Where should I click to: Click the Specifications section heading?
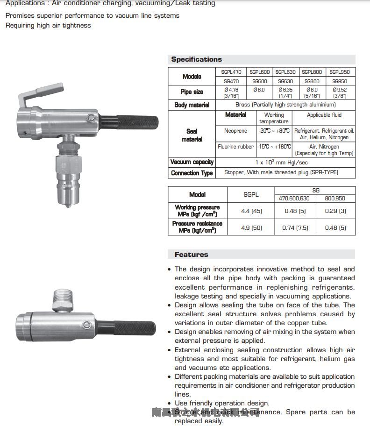click(x=196, y=59)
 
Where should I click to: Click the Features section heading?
click(x=191, y=255)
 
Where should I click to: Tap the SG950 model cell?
click(x=339, y=81)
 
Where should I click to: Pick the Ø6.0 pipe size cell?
click(x=259, y=90)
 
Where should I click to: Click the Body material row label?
click(x=192, y=105)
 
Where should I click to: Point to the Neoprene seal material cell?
click(x=235, y=131)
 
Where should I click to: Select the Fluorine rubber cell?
click(x=235, y=147)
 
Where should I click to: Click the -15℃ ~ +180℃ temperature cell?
click(x=274, y=147)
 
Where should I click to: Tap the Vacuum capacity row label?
click(x=192, y=162)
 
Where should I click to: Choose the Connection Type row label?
click(x=192, y=173)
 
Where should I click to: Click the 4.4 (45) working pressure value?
click(x=251, y=211)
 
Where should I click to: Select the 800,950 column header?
click(x=335, y=199)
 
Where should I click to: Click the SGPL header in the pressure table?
click(x=251, y=194)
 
